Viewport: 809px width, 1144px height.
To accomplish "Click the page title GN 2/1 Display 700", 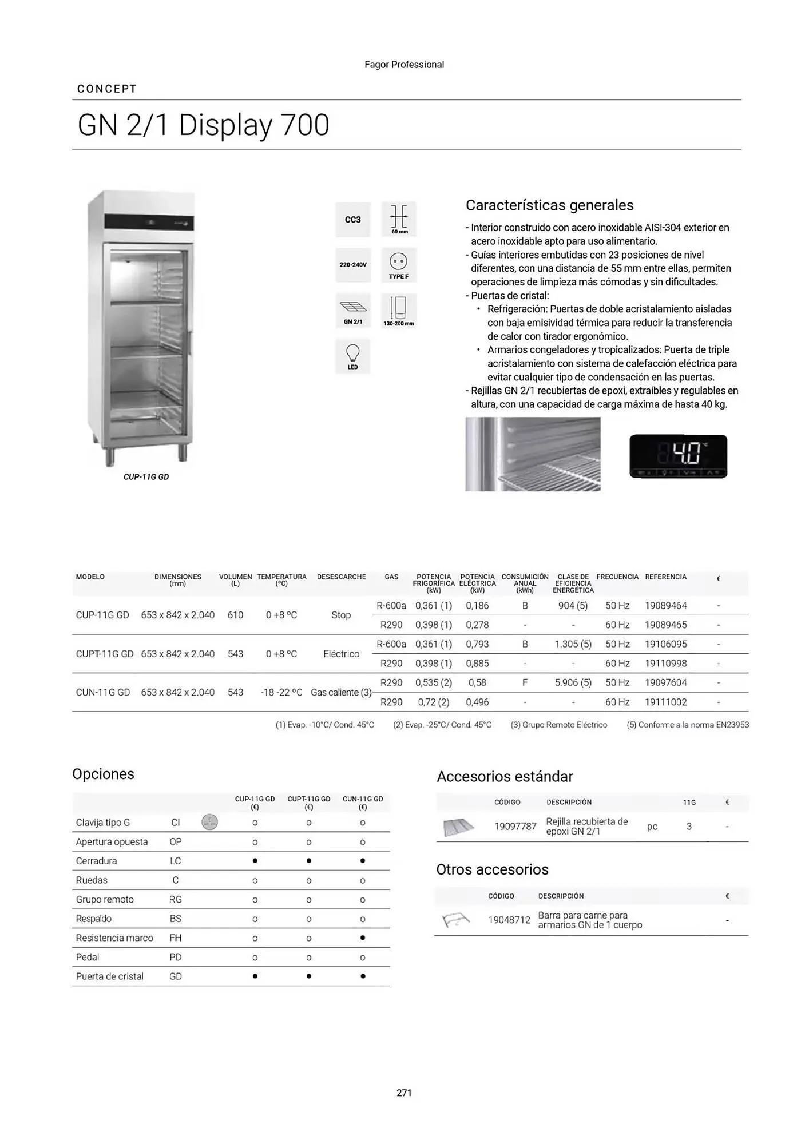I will coord(203,125).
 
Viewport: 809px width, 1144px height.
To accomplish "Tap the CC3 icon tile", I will coord(352,220).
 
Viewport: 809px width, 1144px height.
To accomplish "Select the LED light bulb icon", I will coord(352,356).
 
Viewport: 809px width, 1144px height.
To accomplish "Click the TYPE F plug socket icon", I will coord(399,265).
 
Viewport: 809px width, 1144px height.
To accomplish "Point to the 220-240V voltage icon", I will coord(352,265).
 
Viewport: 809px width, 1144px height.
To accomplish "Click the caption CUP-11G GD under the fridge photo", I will coord(146,477).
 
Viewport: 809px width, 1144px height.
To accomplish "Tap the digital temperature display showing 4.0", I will coord(678,456).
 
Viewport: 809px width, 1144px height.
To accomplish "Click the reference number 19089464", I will coord(665,606).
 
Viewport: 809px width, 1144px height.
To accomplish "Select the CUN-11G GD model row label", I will coord(103,692).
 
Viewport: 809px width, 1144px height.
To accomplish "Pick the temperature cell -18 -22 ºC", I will coord(281,692).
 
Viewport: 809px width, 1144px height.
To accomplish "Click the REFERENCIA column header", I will coord(665,577).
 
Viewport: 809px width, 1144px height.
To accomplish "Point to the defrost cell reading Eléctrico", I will coord(341,654).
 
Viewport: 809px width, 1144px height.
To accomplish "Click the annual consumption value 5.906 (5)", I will coord(573,683).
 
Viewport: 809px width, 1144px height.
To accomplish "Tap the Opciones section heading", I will coord(103,774).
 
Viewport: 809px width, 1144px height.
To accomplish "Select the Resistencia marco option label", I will coord(114,938).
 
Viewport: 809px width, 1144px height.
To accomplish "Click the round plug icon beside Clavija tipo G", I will coord(209,823).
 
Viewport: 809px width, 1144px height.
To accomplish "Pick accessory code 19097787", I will coord(515,827).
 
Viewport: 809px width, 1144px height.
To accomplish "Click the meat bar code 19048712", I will coord(509,920).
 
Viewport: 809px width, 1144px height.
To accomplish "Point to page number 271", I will coord(404,1093).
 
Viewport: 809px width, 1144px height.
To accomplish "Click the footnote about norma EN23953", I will coord(687,725).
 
